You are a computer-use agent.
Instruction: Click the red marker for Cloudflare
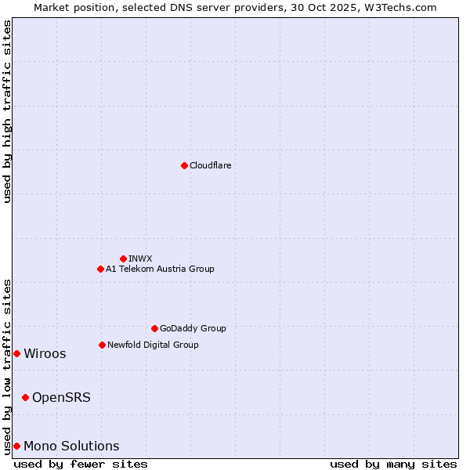pyautogui.click(x=184, y=165)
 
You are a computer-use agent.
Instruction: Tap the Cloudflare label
pyautogui.click(x=211, y=165)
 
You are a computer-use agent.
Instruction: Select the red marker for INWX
pyautogui.click(x=123, y=258)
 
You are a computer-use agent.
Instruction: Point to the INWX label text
pyautogui.click(x=140, y=258)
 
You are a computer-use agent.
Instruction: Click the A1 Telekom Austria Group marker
pyautogui.click(x=100, y=269)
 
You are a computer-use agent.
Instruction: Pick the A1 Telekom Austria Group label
pyautogui.click(x=160, y=269)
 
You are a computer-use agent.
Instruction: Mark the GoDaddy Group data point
pyautogui.click(x=154, y=328)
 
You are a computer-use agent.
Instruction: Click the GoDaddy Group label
pyautogui.click(x=193, y=328)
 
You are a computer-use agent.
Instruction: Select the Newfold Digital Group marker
pyautogui.click(x=102, y=345)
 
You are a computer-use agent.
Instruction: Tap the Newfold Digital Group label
pyautogui.click(x=153, y=345)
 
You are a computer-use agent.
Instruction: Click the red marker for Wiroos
pyautogui.click(x=16, y=353)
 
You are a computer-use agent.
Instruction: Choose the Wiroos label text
pyautogui.click(x=45, y=353)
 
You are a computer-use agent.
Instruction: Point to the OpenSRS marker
pyautogui.click(x=25, y=397)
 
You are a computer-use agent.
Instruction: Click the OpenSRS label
pyautogui.click(x=61, y=397)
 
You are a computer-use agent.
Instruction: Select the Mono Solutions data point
pyautogui.click(x=16, y=446)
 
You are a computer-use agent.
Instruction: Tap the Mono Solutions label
pyautogui.click(x=71, y=446)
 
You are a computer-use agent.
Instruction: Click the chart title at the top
pyautogui.click(x=235, y=7)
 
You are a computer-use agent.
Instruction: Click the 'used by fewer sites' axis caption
pyautogui.click(x=81, y=464)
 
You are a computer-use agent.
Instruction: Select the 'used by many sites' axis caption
pyautogui.click(x=393, y=464)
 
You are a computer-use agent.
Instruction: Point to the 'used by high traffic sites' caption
pyautogui.click(x=7, y=111)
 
